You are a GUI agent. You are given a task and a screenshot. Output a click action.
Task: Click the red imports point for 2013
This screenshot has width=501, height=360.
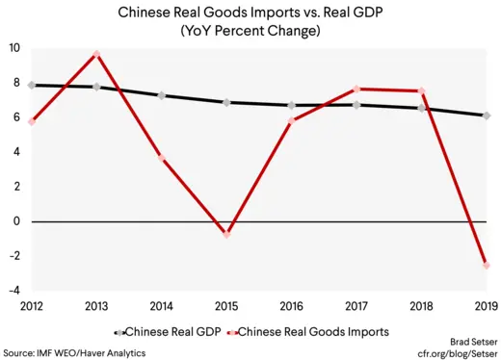point(97,54)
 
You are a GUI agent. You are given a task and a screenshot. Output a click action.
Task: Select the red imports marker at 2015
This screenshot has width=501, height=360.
point(227,234)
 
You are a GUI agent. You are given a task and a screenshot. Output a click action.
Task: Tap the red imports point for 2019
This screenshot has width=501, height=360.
point(487,265)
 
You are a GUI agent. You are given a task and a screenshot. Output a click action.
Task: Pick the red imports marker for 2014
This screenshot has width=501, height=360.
point(162,159)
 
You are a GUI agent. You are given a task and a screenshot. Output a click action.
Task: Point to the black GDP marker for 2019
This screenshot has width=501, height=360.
point(487,116)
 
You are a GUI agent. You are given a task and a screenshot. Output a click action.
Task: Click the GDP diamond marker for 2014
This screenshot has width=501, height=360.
point(162,95)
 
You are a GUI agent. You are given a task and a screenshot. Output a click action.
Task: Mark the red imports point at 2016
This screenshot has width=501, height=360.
point(292,120)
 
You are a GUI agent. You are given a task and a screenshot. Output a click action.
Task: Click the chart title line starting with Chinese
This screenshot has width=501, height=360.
point(250,13)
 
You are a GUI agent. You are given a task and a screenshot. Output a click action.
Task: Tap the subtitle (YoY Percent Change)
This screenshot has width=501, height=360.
point(250,31)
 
